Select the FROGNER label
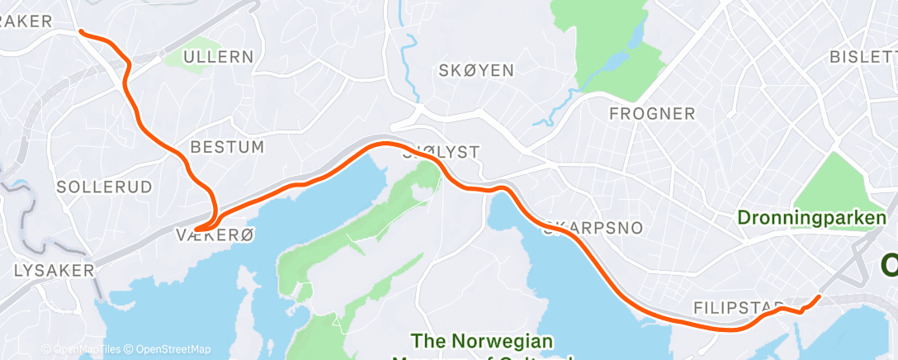pos(652,114)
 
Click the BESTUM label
pos(227,148)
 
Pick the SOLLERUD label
pos(105,187)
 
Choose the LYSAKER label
pos(54,270)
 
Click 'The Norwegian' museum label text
pos(482,340)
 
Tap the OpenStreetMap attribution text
pos(173,349)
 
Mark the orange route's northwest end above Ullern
pos(80,31)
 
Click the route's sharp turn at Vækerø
pos(197,229)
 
